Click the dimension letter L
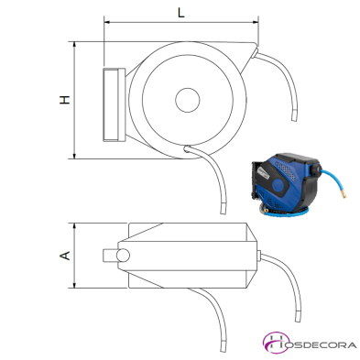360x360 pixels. click(181, 13)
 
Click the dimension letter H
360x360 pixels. click(64, 100)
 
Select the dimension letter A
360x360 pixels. click(64, 256)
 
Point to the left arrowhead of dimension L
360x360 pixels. click(107, 22)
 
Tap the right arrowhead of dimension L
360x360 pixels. click(256, 22)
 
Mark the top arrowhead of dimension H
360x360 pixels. click(74, 45)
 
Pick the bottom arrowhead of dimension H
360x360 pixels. click(74, 156)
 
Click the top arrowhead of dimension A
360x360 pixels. click(74, 226)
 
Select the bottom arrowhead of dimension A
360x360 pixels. click(74, 285)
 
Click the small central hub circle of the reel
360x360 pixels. click(188, 100)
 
